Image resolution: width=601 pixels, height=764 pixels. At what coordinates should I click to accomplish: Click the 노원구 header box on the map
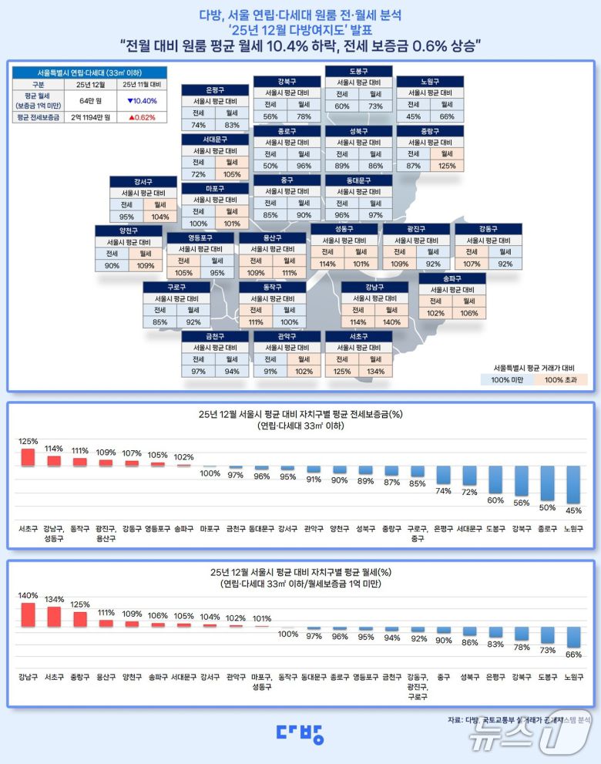pos(430,81)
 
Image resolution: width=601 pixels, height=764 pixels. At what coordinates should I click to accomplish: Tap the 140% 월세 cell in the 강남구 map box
pos(391,322)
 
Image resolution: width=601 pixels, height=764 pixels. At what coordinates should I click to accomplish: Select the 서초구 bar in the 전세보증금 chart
pos(29,457)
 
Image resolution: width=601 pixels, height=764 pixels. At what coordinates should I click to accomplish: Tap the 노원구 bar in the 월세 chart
pos(572,637)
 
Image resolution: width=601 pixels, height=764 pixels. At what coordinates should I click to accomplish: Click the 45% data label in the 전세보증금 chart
pos(572,510)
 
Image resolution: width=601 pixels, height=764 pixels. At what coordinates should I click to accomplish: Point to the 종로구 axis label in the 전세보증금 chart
pos(547,530)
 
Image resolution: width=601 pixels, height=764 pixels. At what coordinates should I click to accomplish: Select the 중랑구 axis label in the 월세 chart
pos(81,678)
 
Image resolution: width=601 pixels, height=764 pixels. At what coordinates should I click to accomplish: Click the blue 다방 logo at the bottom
pos(300,733)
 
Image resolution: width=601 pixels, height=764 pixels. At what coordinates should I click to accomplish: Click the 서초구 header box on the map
pos(358,336)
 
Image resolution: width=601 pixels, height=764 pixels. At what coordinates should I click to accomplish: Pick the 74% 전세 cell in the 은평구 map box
pos(198,125)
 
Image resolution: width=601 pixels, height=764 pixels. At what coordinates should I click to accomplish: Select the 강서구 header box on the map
pos(143,181)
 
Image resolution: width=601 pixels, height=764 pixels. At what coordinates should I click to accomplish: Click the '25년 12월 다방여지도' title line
pos(300,30)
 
